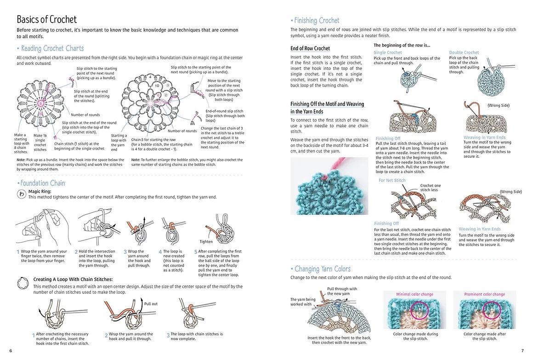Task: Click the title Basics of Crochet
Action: coord(47,19)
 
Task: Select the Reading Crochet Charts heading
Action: coord(52,48)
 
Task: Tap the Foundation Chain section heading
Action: coord(43,183)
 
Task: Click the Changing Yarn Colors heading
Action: coord(322,269)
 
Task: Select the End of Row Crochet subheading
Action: coord(310,48)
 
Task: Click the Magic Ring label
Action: coord(40,191)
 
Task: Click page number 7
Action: coord(522,351)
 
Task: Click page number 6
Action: coord(11,351)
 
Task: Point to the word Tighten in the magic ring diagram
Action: coord(206,241)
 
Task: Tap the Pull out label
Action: coord(151,304)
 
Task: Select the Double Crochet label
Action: coord(464,52)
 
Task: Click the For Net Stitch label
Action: coord(392,180)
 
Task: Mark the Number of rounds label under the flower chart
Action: coord(182,131)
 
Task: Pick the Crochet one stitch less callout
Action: coord(430,188)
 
